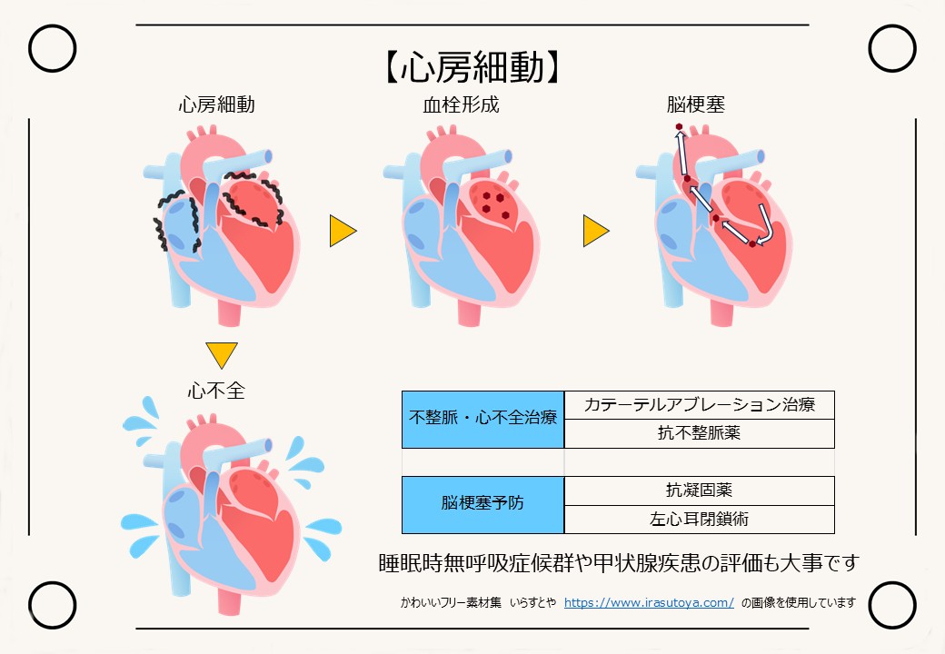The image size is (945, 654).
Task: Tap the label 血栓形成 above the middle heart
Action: [461, 104]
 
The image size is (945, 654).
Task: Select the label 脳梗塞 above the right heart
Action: [695, 104]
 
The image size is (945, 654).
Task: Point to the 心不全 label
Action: [216, 391]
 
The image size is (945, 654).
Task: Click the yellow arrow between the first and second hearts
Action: [343, 231]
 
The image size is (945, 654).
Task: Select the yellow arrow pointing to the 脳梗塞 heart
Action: [595, 231]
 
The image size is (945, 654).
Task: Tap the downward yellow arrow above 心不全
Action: [221, 354]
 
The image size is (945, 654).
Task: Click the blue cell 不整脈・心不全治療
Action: [482, 419]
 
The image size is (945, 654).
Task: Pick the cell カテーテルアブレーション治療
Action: [699, 405]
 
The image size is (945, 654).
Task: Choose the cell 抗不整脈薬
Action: [699, 433]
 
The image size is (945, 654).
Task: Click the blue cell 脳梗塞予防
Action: [482, 505]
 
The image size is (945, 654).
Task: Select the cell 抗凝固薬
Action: [699, 490]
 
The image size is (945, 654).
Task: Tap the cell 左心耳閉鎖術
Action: [699, 519]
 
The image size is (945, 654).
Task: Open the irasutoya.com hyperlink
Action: [649, 603]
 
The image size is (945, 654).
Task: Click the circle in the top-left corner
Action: [53, 48]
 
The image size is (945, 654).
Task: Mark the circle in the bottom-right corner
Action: [892, 605]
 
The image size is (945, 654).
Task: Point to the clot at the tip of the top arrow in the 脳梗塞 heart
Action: [680, 126]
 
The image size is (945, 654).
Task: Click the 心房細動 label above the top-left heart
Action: [216, 104]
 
